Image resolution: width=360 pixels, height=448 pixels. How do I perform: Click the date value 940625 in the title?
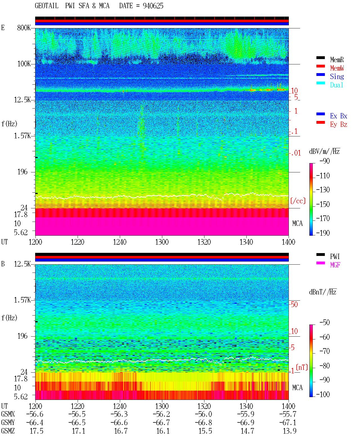click(153, 6)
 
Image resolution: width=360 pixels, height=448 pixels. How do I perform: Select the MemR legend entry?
click(337, 60)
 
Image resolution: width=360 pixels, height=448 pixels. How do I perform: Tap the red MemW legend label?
click(337, 68)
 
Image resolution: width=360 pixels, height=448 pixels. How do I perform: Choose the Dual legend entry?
click(337, 85)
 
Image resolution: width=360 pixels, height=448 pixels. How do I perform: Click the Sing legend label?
click(337, 76)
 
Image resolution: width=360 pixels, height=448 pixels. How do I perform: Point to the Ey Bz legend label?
click(339, 125)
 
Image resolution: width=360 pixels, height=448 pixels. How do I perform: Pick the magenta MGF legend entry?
click(335, 265)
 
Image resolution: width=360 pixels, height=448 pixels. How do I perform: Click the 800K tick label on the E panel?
click(24, 28)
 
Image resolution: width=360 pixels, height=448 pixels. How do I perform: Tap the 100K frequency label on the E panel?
click(24, 64)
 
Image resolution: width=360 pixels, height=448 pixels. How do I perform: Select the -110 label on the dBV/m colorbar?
click(323, 176)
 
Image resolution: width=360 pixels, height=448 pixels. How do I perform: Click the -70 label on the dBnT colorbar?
click(325, 351)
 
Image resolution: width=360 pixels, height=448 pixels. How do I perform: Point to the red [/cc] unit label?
click(298, 201)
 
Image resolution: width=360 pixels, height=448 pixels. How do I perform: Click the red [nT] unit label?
click(302, 367)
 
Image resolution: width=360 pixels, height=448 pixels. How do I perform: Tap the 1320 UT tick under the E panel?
click(204, 242)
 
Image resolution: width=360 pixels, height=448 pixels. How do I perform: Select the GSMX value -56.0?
click(203, 414)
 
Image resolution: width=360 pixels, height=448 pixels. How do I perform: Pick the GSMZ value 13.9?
click(289, 431)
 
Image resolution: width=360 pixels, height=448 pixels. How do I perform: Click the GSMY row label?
click(8, 423)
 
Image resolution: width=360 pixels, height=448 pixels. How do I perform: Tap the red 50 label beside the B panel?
click(294, 305)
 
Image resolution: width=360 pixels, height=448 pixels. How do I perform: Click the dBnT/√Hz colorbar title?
click(323, 292)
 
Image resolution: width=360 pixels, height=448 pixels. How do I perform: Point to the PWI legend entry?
click(335, 256)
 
